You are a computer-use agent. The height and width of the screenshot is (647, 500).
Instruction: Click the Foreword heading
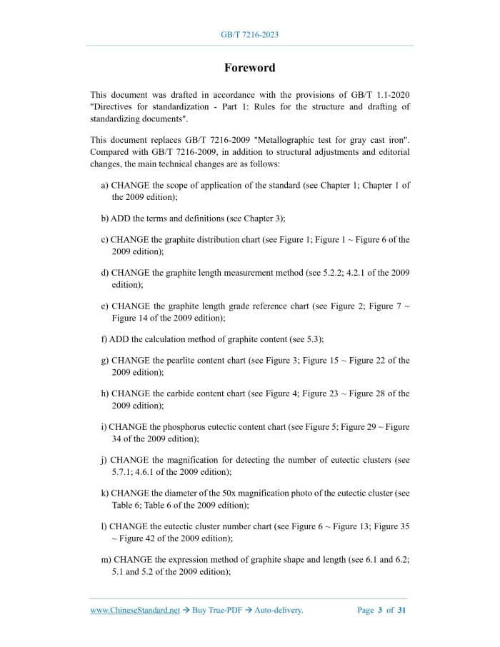[249, 68]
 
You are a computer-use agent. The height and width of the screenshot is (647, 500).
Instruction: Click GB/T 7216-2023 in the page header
[249, 34]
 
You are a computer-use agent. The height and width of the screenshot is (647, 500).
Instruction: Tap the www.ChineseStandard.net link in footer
[135, 610]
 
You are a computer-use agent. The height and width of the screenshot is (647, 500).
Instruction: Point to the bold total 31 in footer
[402, 610]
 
